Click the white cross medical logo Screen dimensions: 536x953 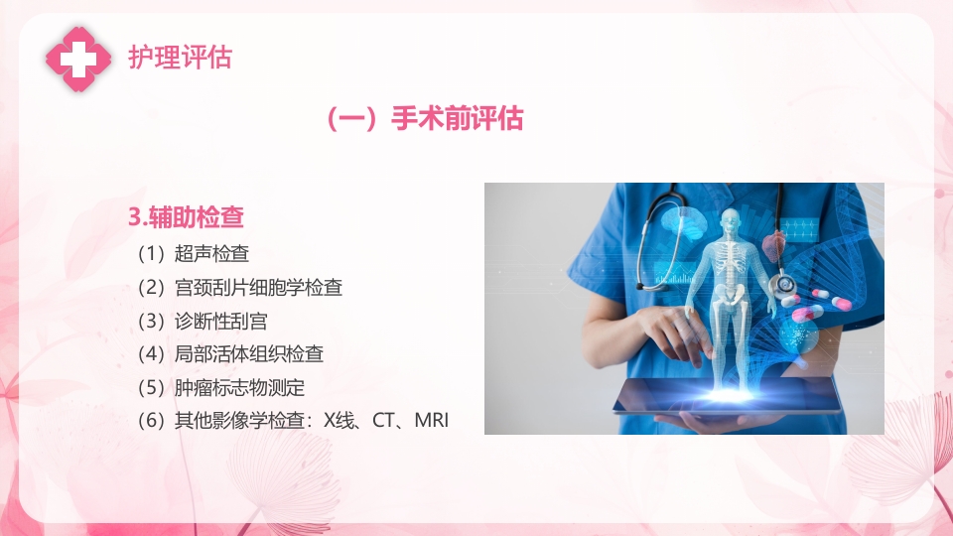tap(78, 58)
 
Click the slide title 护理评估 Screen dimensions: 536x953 tap(180, 58)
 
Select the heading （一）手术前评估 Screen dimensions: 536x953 tap(424, 119)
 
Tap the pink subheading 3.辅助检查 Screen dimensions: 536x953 tap(187, 215)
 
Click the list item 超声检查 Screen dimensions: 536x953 tap(211, 254)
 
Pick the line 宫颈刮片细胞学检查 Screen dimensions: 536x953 tap(258, 288)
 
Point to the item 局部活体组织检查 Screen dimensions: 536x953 tap(248, 353)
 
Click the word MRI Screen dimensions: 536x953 tap(432, 420)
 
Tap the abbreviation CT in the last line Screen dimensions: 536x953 tap(384, 420)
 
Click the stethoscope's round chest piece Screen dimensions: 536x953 tap(786, 285)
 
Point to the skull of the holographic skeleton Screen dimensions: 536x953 tap(733, 223)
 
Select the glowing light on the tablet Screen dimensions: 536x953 tap(733, 396)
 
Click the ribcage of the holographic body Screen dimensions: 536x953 tap(733, 261)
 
